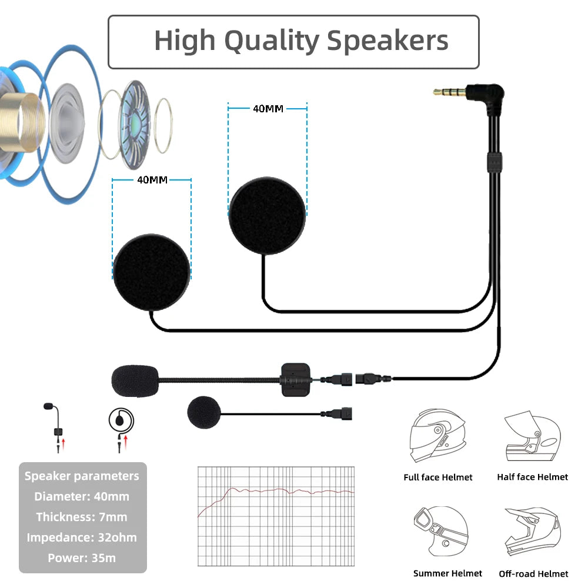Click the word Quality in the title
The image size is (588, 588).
272,41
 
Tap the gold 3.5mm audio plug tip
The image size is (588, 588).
450,92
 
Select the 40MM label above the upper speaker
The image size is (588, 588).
268,109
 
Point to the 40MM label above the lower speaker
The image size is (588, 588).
152,180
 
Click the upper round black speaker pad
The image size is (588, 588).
267,216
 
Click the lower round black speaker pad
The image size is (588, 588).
152,273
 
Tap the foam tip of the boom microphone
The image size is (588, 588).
135,380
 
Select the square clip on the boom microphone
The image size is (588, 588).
296,379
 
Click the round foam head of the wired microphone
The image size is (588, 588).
204,413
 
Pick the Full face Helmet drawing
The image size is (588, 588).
438,435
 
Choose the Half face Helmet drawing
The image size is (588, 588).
533,436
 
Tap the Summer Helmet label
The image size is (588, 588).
447,573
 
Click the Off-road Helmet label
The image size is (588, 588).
533,574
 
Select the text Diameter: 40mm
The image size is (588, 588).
82,496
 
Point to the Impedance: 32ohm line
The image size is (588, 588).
82,537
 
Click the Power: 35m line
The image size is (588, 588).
82,558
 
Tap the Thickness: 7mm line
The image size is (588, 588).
82,517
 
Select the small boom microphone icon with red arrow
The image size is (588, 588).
55,427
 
